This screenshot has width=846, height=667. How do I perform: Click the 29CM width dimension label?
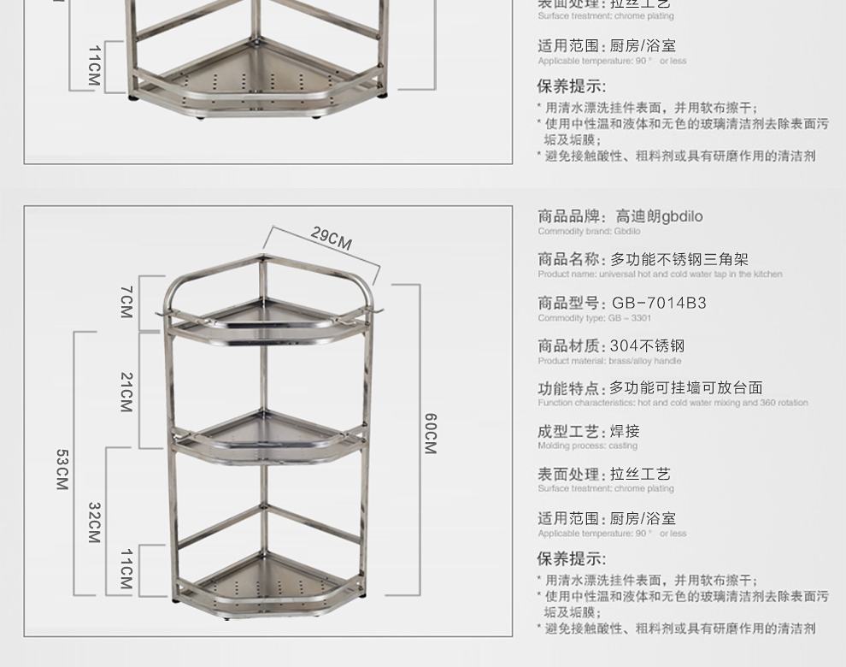point(332,239)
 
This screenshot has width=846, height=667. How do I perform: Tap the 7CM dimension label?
point(126,302)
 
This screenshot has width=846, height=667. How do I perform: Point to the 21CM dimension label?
point(126,391)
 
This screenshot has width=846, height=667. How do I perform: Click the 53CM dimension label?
point(62,469)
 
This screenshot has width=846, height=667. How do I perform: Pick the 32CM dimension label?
point(94,522)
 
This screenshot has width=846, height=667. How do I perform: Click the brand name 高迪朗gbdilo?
point(659,216)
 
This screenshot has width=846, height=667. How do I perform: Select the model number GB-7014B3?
point(659,303)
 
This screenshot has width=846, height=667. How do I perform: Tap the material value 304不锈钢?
point(647,345)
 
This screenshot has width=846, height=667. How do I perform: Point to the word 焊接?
point(625,431)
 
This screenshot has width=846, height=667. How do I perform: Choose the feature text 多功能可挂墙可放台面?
point(685,388)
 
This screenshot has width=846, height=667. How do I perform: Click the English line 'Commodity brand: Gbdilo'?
point(589,232)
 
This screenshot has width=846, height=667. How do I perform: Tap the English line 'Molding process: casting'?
point(587,446)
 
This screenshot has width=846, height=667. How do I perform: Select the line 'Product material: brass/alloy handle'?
point(609,361)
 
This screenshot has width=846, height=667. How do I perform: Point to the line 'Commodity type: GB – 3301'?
point(594,318)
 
